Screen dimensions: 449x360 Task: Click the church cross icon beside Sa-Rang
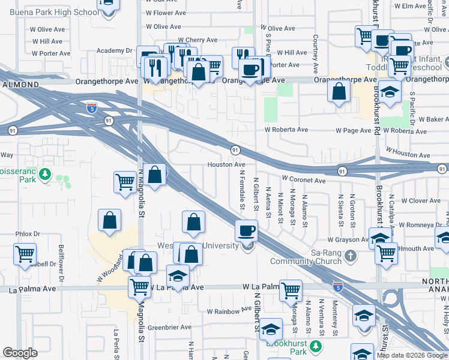point(351,256)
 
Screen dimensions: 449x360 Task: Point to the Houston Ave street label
point(226,164)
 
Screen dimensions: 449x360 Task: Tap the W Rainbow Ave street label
point(229,311)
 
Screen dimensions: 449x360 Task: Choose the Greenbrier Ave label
point(169,328)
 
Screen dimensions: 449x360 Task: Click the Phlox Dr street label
point(28,234)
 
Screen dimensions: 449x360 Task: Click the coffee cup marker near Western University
point(246,230)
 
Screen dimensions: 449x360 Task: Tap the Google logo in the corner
point(20,353)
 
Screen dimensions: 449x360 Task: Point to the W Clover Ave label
point(423,201)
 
